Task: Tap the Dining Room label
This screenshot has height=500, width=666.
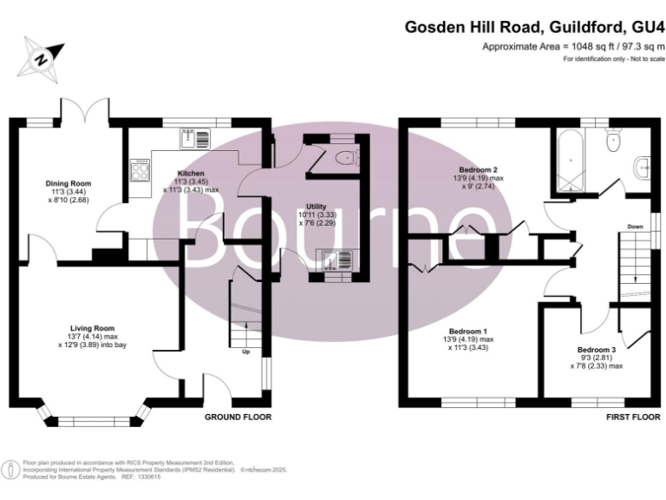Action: coord(69,184)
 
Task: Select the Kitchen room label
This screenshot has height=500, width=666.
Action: coord(190,173)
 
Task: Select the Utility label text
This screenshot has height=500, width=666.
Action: coord(316,206)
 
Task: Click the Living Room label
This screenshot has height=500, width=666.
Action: coord(93,328)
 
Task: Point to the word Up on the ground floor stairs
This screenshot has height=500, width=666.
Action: coord(245,352)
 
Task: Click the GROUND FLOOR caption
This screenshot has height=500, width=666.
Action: coord(238,417)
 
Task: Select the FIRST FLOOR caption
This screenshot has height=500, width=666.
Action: coord(627,417)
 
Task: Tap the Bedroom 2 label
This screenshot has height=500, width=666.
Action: coord(477,169)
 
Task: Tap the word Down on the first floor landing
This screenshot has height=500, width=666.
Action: coord(635,227)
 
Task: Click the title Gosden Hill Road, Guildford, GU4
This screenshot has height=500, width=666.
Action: coord(535,27)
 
